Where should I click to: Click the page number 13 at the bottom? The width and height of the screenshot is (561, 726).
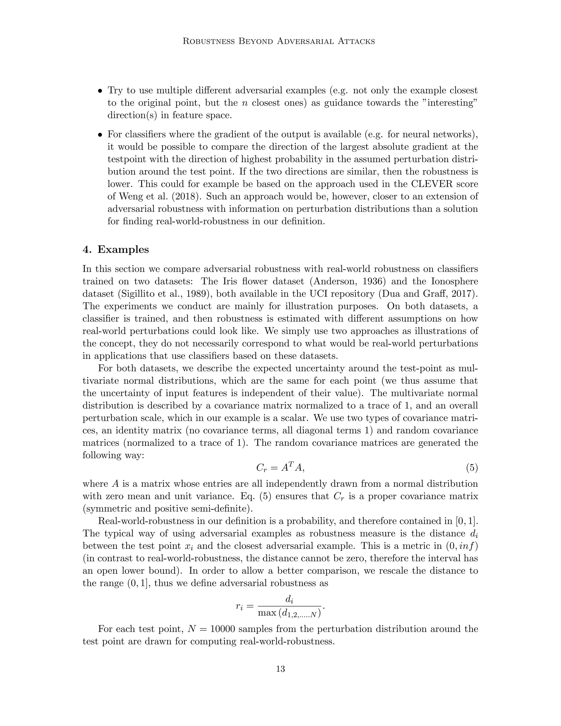[x=280, y=669]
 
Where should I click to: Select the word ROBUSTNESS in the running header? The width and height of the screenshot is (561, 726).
[x=209, y=41]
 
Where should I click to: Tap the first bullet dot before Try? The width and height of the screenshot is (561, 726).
[x=100, y=91]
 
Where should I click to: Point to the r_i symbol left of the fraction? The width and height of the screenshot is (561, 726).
[x=239, y=606]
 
